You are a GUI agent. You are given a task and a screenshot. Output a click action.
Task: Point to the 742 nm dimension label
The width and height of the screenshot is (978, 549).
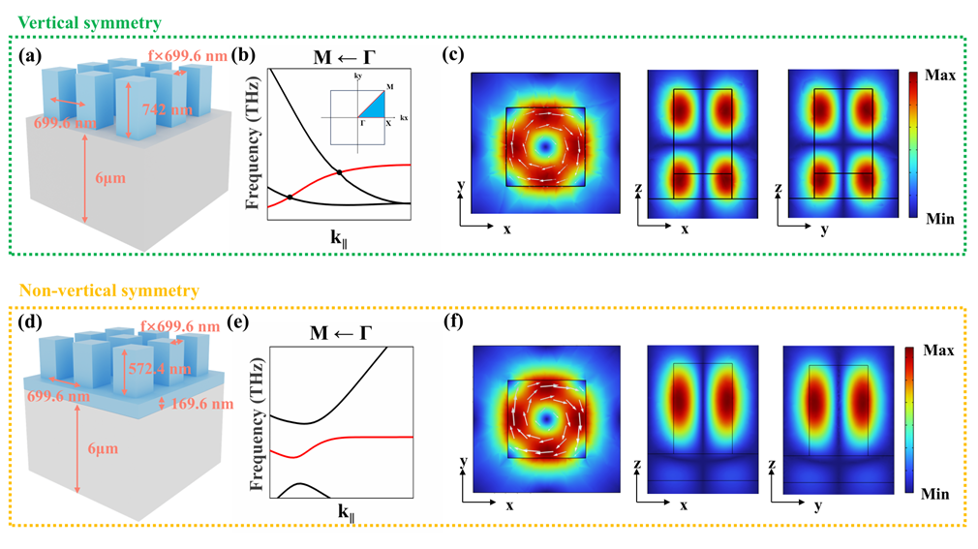pos(156,112)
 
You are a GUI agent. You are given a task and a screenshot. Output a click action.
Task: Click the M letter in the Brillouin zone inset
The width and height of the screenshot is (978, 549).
pos(389,88)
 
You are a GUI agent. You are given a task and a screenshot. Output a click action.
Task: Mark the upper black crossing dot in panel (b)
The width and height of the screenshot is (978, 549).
pos(339,173)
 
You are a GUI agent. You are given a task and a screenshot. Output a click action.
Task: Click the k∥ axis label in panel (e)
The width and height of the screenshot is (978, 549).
pos(325,511)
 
